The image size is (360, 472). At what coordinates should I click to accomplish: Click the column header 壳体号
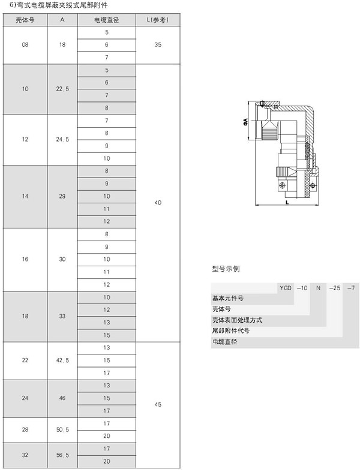pyautogui.click(x=25, y=20)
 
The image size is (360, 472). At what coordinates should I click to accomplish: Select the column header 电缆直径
pyautogui.click(x=107, y=20)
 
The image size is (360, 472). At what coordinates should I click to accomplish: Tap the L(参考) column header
pyautogui.click(x=158, y=20)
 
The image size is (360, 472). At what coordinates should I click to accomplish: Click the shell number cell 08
pyautogui.click(x=25, y=45)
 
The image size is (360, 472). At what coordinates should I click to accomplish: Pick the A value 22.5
pyautogui.click(x=62, y=89)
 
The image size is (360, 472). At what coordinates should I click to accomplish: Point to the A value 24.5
pyautogui.click(x=62, y=140)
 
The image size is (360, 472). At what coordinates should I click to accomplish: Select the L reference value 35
pyautogui.click(x=158, y=45)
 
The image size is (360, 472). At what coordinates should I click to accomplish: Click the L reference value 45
pyautogui.click(x=158, y=405)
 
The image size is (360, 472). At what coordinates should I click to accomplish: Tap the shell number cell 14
pyautogui.click(x=25, y=196)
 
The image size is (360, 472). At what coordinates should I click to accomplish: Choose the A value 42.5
pyautogui.click(x=62, y=360)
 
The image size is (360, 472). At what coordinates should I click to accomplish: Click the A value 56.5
pyautogui.click(x=62, y=455)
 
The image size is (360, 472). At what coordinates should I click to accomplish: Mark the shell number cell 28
pyautogui.click(x=25, y=429)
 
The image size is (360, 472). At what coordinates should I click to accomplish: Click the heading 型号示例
pyautogui.click(x=226, y=269)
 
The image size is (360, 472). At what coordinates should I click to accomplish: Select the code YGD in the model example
pyautogui.click(x=286, y=288)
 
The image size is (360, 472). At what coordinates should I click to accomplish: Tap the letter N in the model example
pyautogui.click(x=318, y=288)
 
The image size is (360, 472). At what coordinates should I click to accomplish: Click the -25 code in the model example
pyautogui.click(x=334, y=288)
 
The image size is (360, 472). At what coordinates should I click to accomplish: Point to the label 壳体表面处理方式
pyautogui.click(x=237, y=320)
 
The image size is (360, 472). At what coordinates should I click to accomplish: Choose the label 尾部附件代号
pyautogui.click(x=231, y=331)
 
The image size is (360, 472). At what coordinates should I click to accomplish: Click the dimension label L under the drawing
pyautogui.click(x=287, y=203)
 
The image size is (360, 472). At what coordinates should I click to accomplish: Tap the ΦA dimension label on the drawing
pyautogui.click(x=245, y=122)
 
